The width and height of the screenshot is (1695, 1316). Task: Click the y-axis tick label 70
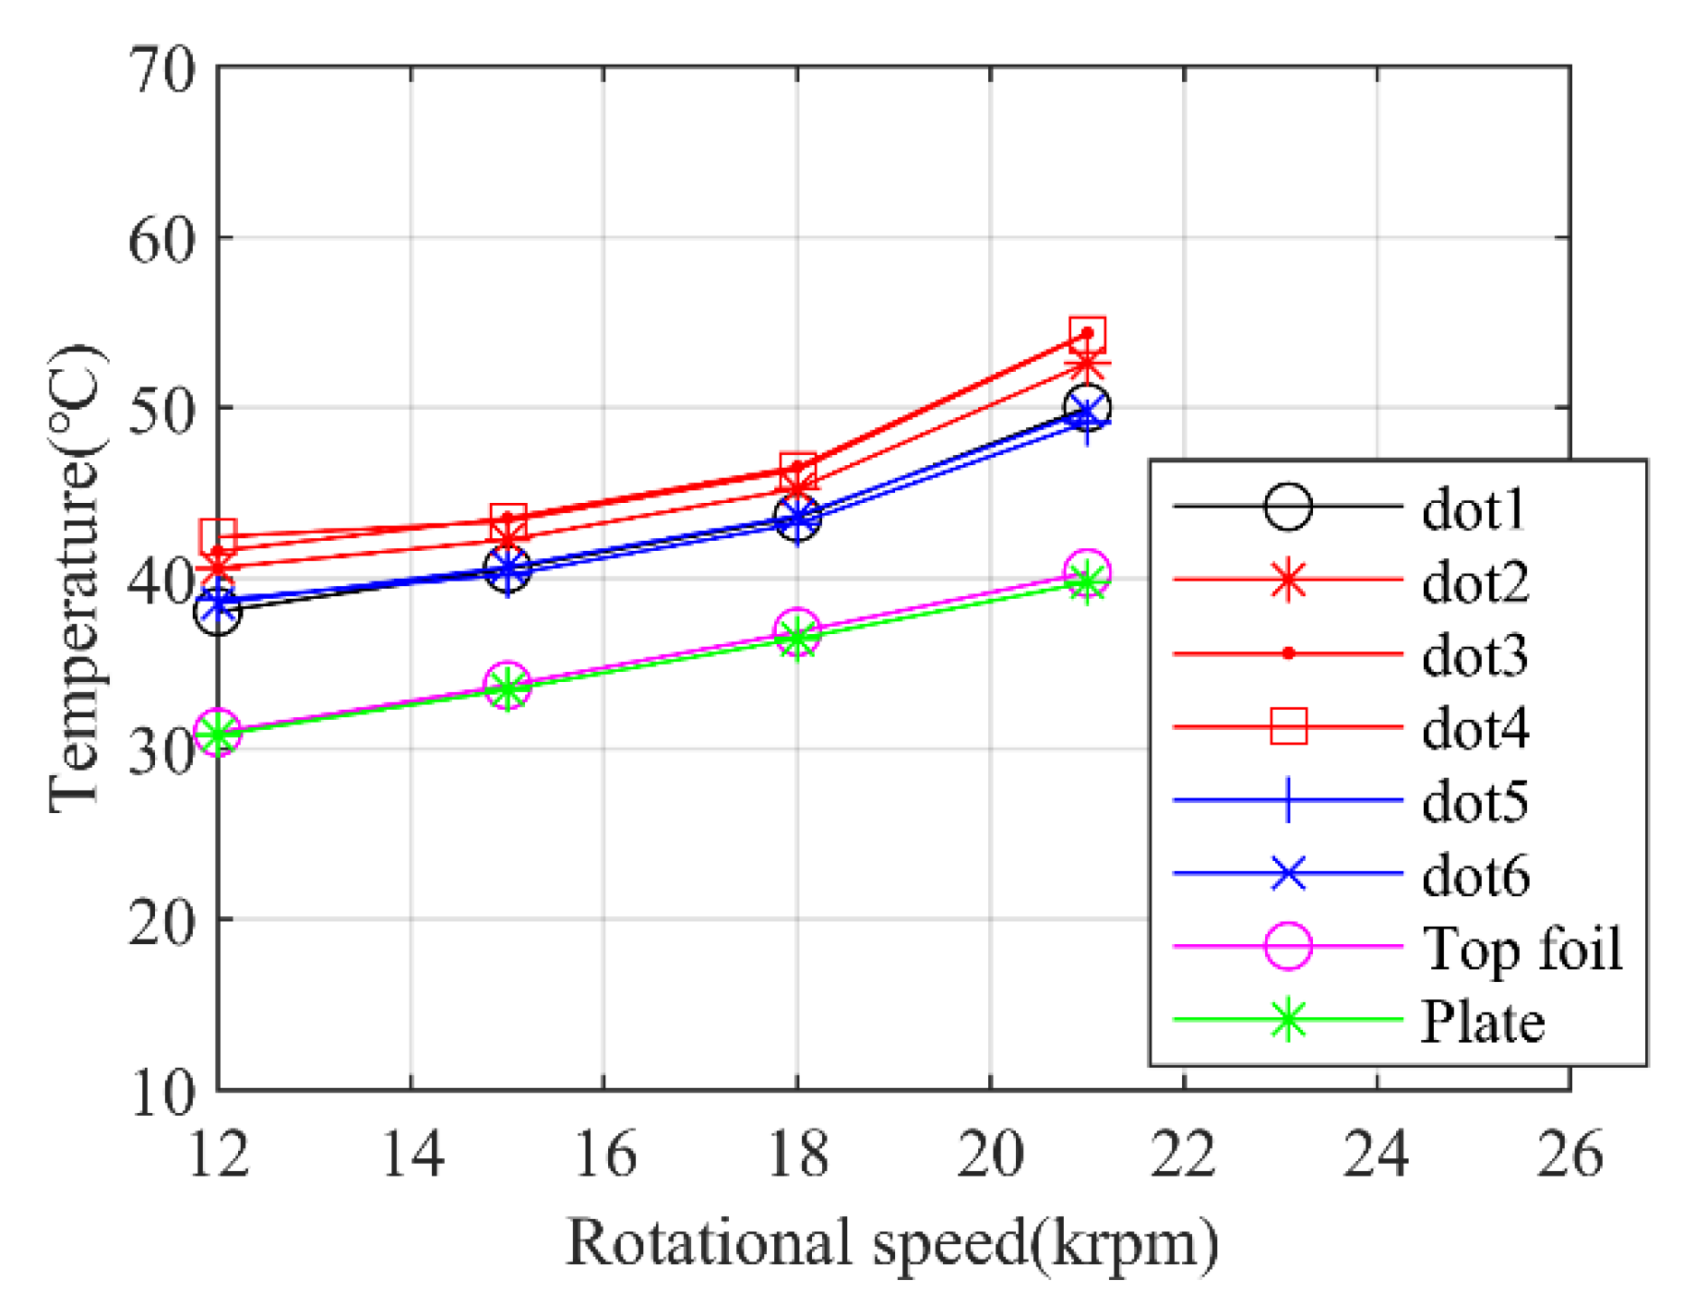162,70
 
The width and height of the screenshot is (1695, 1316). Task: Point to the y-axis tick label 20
162,921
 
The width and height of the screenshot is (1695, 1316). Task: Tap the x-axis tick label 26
1570,1154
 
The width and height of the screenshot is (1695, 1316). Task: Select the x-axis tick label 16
604,1154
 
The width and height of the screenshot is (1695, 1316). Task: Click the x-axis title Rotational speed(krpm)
891,1243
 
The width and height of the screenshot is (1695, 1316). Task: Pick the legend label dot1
1474,508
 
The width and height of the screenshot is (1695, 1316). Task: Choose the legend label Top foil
1522,948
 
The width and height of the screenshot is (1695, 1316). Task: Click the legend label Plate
1482,1022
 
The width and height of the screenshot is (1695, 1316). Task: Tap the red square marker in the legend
1288,726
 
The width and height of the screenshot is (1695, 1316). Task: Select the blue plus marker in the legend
1288,800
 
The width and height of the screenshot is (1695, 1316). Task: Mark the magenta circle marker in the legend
1288,947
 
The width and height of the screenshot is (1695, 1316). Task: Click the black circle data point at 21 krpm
1087,407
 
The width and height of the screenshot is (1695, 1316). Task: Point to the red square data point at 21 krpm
1087,334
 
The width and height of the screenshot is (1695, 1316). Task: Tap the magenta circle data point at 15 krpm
507,684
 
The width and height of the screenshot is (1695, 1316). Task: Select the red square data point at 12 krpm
218,536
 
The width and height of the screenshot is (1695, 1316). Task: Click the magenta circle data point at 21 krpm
1087,572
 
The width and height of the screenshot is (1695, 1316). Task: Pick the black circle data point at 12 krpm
218,612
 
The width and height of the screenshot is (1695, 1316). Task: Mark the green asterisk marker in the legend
1288,1020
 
